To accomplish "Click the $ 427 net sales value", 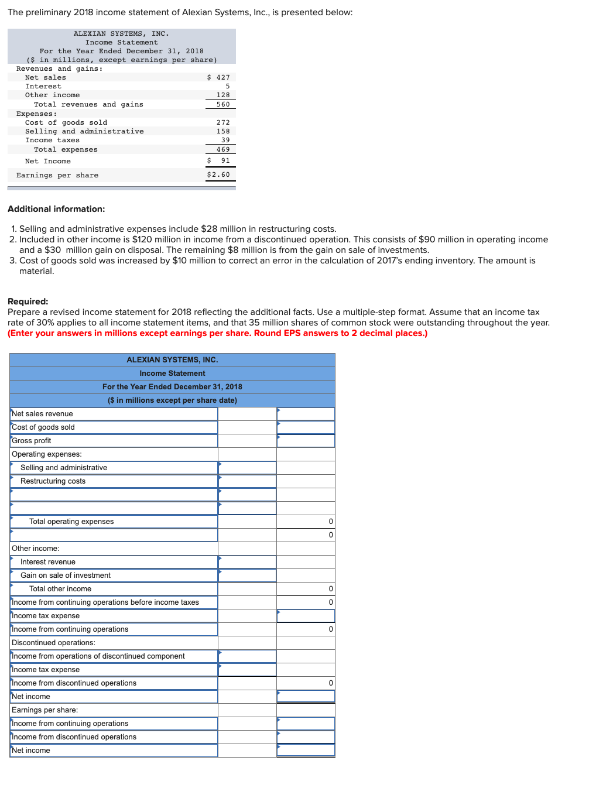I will [219, 77].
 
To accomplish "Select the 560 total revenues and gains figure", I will [223, 104].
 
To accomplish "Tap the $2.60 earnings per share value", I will [218, 174].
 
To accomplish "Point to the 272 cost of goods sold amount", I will [223, 122].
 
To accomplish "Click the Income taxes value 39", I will [225, 140].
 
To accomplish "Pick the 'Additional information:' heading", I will [56, 209].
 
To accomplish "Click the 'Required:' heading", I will [28, 302].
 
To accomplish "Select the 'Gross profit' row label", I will [32, 441].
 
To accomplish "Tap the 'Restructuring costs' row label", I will [53, 481].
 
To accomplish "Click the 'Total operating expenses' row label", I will [71, 522].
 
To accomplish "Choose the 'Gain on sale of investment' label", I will [66, 576].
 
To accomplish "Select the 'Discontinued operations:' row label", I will [53, 643].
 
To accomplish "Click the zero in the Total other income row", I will [331, 589].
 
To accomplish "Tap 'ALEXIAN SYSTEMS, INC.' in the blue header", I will [172, 360].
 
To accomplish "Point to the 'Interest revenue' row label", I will [48, 562].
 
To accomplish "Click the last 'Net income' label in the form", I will [31, 751].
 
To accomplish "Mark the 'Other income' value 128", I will [223, 95].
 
